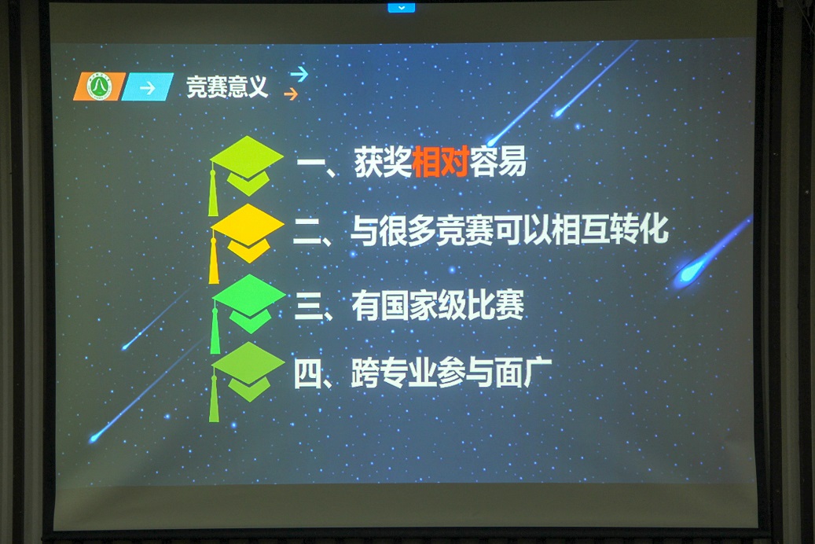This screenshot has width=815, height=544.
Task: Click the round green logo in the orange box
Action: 99,86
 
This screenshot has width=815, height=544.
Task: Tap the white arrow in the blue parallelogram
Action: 148,87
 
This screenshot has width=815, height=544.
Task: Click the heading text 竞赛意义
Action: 227,86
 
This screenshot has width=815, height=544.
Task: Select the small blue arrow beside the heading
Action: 299,75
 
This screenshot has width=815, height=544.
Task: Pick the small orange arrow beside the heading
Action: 291,94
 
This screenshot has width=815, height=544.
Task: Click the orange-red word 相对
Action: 441,162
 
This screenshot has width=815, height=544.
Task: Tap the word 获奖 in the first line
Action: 383,162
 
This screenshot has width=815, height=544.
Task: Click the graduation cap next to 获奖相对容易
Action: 246,167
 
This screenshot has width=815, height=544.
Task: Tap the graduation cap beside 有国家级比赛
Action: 248,304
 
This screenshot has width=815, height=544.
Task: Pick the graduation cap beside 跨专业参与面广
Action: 248,373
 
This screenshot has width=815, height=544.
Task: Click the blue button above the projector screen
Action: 402,7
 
